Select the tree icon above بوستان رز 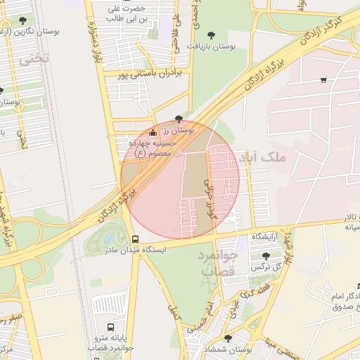tap(178, 119)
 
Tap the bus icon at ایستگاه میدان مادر tap(135, 239)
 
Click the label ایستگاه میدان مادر tap(139, 250)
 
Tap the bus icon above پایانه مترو tap(110, 327)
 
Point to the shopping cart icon tap(323, 80)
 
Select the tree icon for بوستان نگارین tap(23, 20)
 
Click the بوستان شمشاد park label tap(228, 349)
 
